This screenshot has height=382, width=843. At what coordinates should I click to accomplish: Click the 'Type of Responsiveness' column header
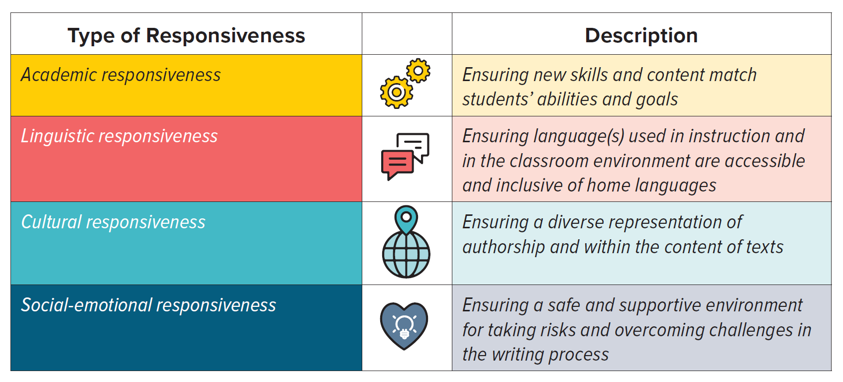[x=186, y=36]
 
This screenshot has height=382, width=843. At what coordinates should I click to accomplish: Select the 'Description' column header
[x=641, y=36]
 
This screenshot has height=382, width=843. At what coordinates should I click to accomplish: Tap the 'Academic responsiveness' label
[x=121, y=75]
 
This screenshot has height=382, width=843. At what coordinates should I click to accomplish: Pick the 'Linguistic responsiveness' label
[x=119, y=136]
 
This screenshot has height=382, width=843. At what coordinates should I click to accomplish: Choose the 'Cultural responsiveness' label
[x=113, y=222]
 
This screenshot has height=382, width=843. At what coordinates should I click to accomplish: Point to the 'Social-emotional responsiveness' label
[x=149, y=305]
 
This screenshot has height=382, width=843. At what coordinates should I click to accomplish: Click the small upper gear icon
[x=418, y=70]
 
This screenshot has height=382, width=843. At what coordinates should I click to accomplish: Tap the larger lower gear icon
[x=396, y=93]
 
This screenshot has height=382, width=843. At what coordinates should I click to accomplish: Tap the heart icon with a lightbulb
[x=404, y=326]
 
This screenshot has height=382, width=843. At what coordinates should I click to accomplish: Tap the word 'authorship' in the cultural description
[x=504, y=247]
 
